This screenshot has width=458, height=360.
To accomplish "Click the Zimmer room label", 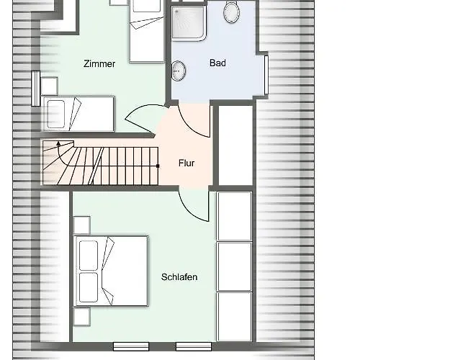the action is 99,63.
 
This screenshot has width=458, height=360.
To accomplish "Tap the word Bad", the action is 217,63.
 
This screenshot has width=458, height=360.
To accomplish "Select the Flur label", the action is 187,163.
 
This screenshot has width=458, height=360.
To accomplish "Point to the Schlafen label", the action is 179,276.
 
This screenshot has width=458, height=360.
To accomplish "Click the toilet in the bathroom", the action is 232,12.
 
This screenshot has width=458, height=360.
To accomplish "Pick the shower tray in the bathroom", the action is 189,23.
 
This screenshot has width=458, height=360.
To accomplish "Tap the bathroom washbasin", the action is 179,71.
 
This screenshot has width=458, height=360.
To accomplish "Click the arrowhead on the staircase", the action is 58,143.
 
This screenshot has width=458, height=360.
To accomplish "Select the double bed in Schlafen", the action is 112,271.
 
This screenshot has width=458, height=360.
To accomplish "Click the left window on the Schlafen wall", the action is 131,346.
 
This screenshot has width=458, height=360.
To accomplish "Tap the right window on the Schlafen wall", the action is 194,346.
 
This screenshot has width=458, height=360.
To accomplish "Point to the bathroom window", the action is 266,75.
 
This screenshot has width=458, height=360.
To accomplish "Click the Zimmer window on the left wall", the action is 35,88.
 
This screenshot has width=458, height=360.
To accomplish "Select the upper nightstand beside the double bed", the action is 82,225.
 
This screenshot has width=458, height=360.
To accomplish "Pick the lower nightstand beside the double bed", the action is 82,317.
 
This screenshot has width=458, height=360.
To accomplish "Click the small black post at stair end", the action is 158,166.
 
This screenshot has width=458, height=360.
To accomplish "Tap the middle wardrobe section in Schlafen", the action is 234,266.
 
